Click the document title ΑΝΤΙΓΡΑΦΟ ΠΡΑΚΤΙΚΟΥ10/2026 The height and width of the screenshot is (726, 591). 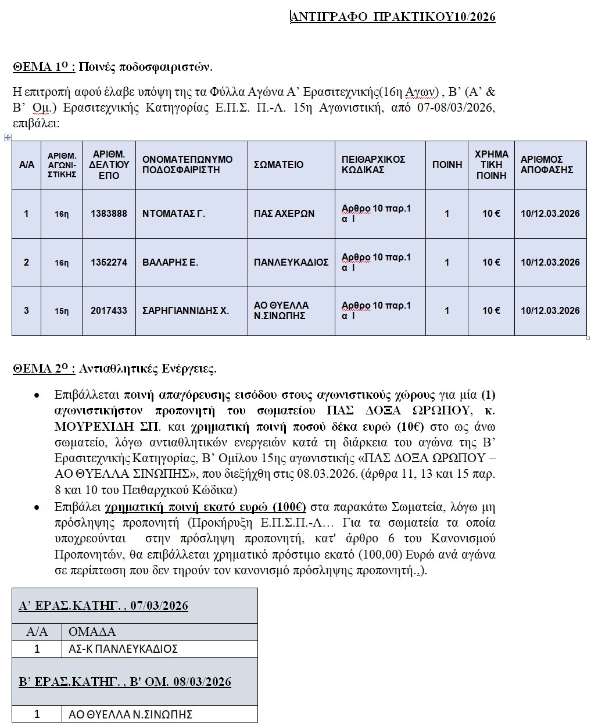[x=393, y=17]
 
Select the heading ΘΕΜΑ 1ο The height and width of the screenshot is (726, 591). [x=44, y=67]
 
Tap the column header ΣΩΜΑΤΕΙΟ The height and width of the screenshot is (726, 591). [x=278, y=164]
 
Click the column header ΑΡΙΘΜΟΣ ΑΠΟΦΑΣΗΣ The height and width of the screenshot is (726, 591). [x=546, y=164]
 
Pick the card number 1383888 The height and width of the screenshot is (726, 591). [x=109, y=213]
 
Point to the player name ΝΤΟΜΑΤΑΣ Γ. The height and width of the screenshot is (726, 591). [x=174, y=213]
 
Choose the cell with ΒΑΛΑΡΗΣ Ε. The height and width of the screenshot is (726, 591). [x=170, y=262]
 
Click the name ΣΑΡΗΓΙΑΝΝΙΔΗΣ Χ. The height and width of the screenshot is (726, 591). [x=185, y=310]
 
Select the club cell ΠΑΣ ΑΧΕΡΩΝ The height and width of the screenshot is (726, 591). [x=284, y=213]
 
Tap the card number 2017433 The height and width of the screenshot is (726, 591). [x=109, y=310]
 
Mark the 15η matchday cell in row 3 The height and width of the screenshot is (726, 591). [x=62, y=311]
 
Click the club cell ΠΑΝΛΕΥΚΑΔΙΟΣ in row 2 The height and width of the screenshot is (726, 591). [x=291, y=262]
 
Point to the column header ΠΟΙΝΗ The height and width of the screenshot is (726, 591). [x=447, y=164]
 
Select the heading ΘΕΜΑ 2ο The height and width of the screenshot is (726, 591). [x=44, y=369]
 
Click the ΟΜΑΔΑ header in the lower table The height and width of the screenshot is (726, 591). [x=92, y=631]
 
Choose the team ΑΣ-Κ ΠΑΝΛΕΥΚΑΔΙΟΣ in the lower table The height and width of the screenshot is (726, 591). [x=123, y=649]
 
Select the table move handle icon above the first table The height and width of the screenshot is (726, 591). [x=8, y=137]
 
